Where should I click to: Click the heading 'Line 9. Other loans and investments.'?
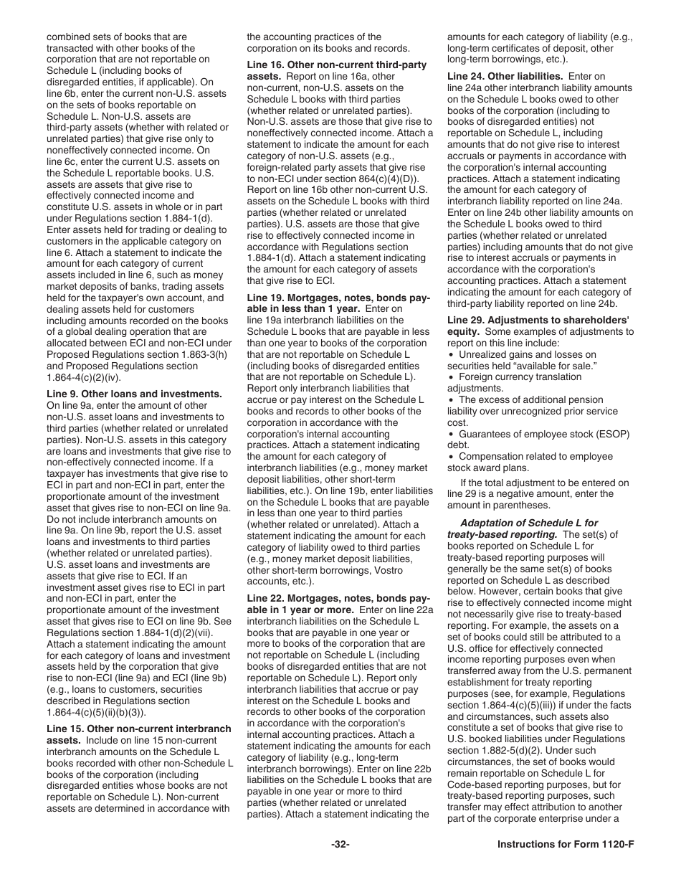point(134,394)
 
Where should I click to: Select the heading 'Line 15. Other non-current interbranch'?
point(139,729)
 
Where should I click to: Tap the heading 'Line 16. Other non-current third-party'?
point(336,65)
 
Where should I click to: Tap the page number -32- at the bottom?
point(340,844)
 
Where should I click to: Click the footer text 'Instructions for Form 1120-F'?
point(566,844)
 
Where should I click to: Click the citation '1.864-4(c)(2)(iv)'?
point(84,377)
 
